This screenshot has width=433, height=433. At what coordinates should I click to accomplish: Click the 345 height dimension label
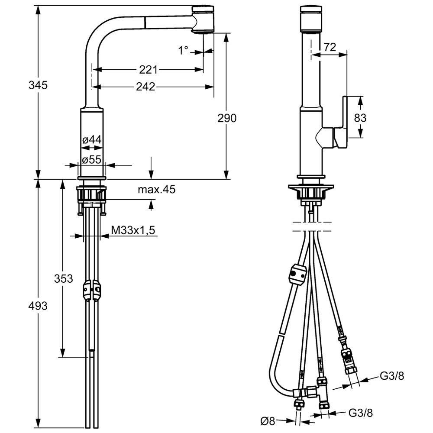(x=38, y=85)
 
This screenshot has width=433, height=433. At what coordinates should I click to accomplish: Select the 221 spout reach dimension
(x=148, y=70)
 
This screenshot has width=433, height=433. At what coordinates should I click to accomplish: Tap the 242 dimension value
(x=145, y=87)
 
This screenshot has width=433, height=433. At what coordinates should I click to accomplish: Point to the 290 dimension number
(x=227, y=118)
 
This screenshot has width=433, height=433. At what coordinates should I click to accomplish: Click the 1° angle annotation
(x=183, y=51)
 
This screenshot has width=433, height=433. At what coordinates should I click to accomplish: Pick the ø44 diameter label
(x=92, y=140)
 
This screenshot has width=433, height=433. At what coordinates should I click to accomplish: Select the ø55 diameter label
(x=92, y=159)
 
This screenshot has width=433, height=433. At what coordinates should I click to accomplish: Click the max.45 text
(x=157, y=190)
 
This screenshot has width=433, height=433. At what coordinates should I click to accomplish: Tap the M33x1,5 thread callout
(x=133, y=230)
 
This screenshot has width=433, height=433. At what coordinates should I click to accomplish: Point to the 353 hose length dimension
(x=64, y=278)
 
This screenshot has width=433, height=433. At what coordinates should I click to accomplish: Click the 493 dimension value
(x=38, y=306)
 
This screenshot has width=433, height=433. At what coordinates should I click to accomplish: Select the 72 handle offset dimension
(x=330, y=47)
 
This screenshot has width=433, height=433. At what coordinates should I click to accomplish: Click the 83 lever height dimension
(x=360, y=118)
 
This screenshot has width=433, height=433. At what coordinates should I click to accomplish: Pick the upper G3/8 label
(x=392, y=376)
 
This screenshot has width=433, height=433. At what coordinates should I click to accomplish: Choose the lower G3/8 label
(x=361, y=413)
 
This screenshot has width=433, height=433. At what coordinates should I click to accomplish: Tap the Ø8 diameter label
(x=268, y=421)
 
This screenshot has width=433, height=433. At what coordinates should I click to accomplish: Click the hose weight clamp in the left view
(x=91, y=290)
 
